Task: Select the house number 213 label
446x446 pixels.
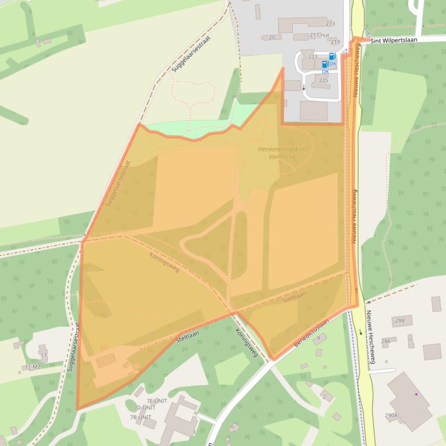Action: click(331, 24)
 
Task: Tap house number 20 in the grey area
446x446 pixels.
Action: click(271, 38)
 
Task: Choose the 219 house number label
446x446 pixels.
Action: click(335, 42)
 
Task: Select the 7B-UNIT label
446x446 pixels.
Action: click(140, 417)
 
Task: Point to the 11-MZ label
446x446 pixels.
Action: click(32, 367)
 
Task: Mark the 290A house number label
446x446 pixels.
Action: click(391, 415)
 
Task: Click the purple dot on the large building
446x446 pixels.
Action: click(416, 394)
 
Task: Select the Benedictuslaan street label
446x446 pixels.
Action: click(311, 333)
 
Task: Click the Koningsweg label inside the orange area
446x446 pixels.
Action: click(164, 262)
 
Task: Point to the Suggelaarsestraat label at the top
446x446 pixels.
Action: click(190, 54)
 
